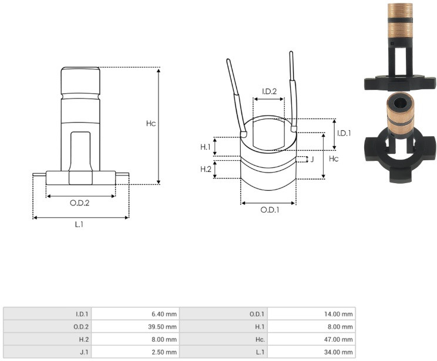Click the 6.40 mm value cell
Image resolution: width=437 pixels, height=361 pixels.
164,314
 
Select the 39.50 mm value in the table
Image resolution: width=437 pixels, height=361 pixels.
163,326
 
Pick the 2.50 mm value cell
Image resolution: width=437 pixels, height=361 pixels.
164,352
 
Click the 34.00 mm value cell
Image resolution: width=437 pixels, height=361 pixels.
339,352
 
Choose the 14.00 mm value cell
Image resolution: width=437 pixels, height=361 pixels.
339,314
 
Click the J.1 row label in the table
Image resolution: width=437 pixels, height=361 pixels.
84,352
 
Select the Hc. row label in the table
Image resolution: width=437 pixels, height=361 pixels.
260,339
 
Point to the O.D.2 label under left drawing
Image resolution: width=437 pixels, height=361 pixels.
80,203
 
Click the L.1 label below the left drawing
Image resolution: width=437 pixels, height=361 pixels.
79,224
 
